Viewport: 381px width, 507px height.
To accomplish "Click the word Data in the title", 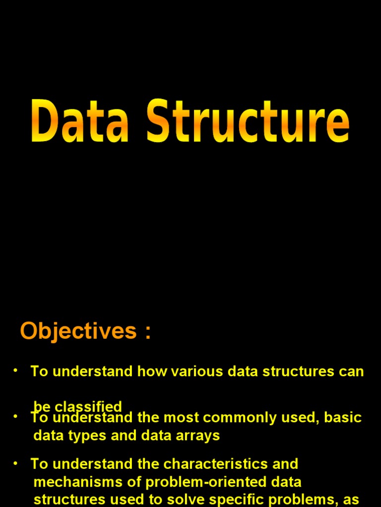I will pos(79,121).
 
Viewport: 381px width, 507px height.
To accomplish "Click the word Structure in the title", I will pos(248,121).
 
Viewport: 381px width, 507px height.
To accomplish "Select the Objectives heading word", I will pos(78,331).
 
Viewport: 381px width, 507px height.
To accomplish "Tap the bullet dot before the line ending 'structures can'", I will pos(15,370).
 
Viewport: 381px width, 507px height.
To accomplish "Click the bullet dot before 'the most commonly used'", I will pos(15,417).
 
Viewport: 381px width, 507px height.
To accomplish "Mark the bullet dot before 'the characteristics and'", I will pos(15,463).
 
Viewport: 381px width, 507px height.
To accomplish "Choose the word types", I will pos(80,436).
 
